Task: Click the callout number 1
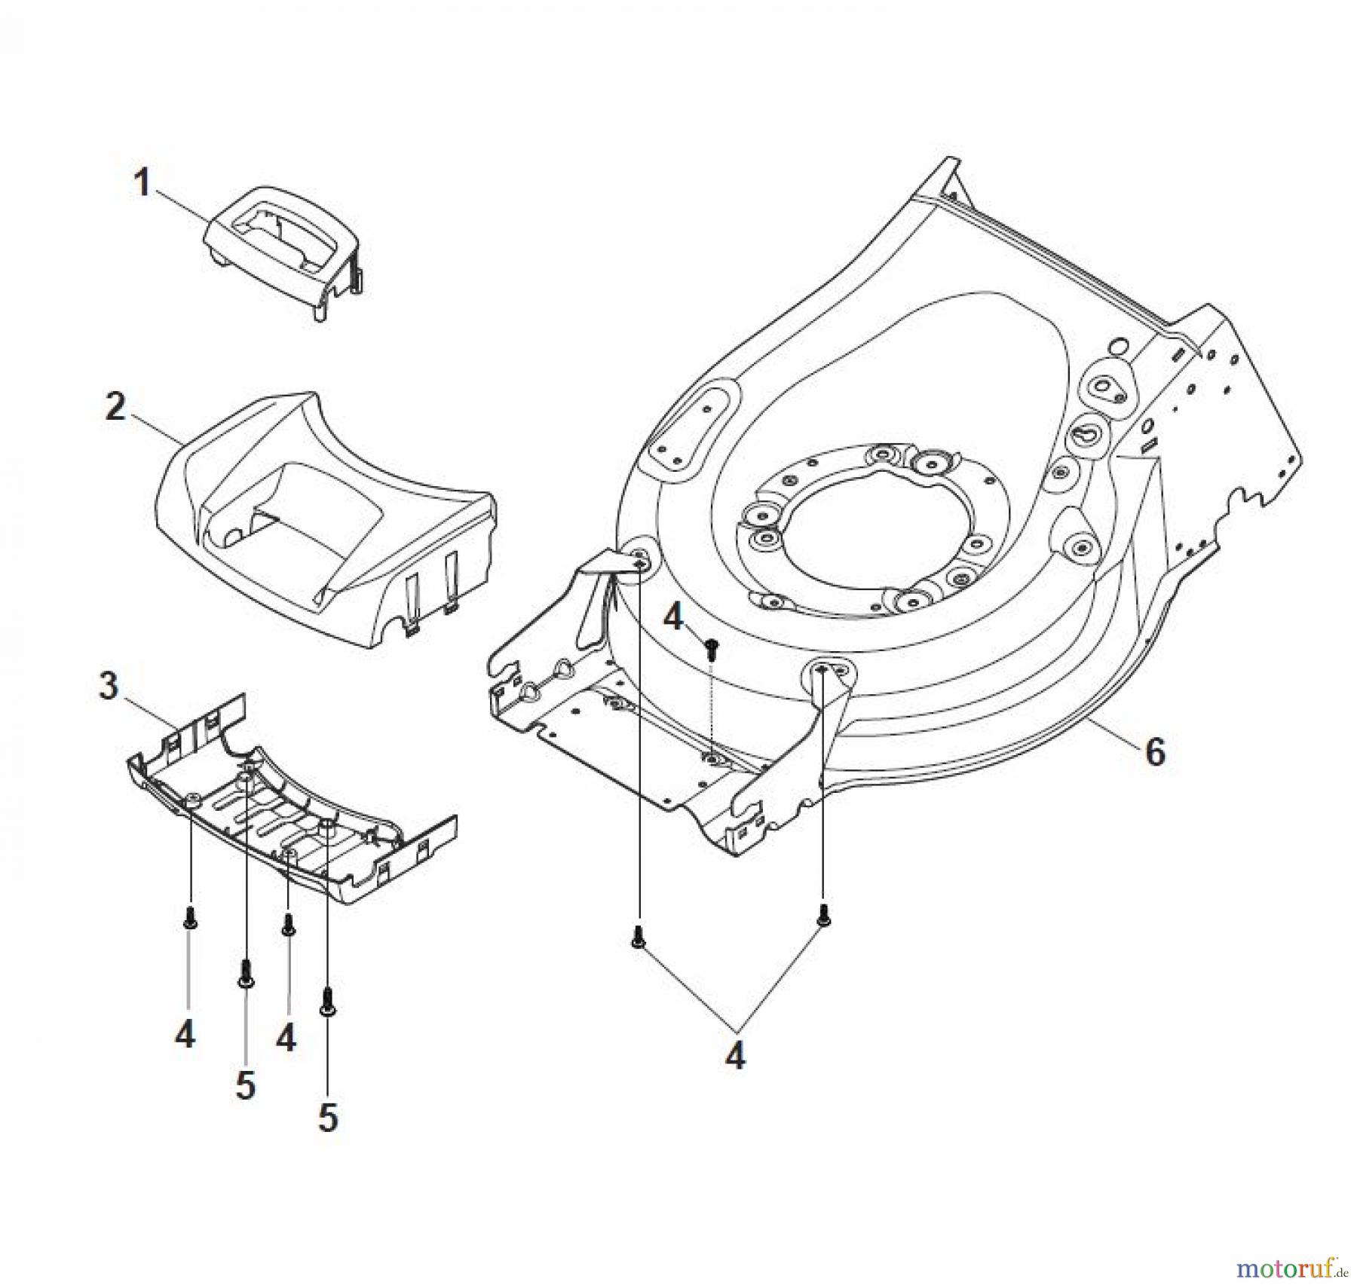142,183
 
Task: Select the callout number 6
1154,751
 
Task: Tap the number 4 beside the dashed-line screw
672,618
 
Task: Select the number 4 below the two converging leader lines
734,1055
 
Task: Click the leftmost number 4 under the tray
185,1034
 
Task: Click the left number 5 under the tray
246,1086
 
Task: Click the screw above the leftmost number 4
188,917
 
